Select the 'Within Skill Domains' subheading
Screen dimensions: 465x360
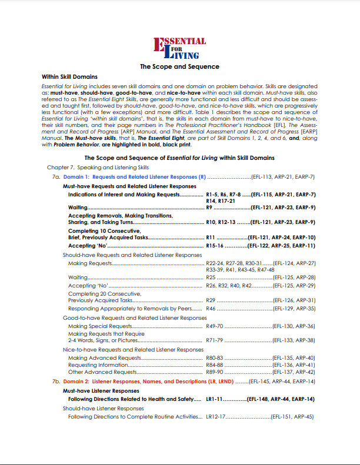click(70, 76)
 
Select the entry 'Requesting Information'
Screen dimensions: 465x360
click(98, 364)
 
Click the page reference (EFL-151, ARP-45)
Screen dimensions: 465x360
click(292, 417)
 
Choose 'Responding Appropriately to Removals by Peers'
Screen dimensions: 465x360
click(131, 308)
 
